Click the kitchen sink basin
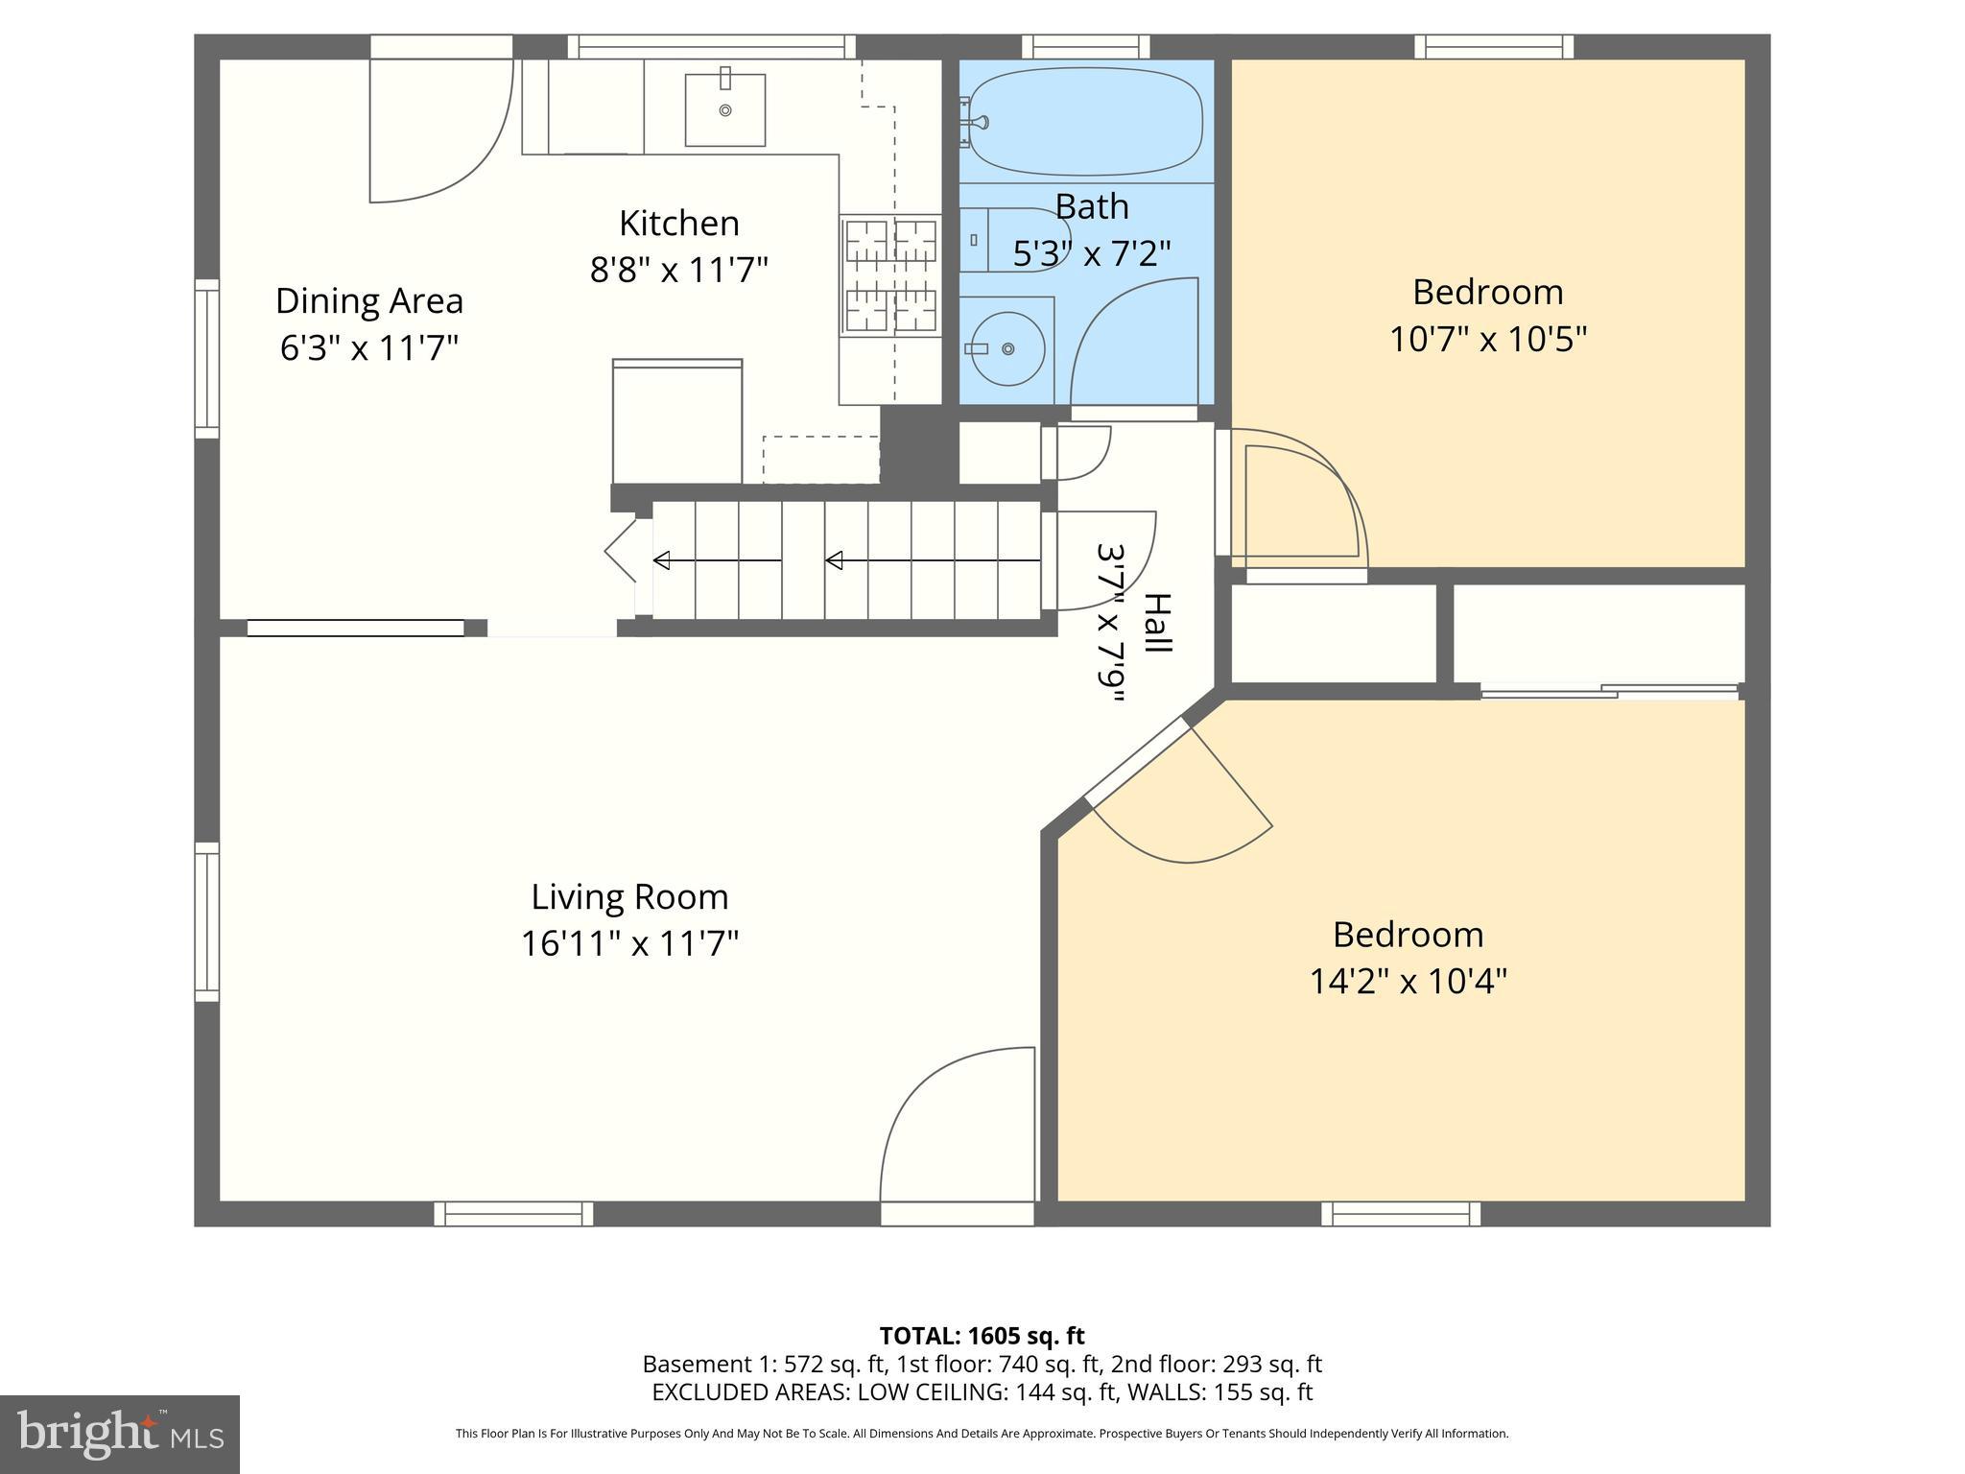coord(724,110)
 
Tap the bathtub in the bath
coord(1084,120)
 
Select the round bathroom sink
coord(1006,348)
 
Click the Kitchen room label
coord(678,224)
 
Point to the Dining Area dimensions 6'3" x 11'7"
coord(369,347)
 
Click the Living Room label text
coord(629,897)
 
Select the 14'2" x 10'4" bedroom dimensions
coord(1408,982)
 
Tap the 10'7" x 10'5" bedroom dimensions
coord(1487,339)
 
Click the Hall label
coord(1158,623)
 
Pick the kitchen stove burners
coord(890,275)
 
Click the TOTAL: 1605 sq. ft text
coord(982,1336)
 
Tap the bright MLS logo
coord(119,1434)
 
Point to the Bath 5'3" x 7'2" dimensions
coord(1092,253)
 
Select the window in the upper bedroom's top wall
coord(1494,46)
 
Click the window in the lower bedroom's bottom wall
coord(1401,1214)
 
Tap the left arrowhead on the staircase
coord(661,560)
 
